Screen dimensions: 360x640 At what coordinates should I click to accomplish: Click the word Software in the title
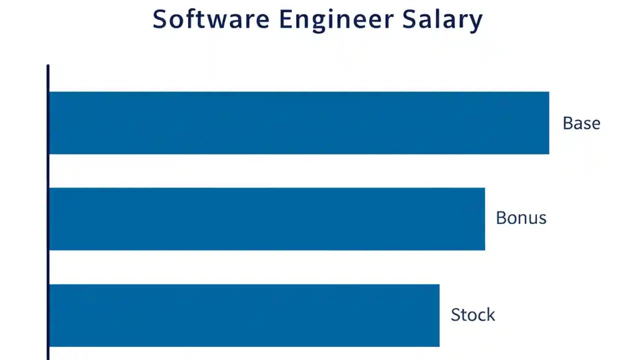(x=210, y=19)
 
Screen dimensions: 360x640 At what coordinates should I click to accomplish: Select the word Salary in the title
(x=442, y=20)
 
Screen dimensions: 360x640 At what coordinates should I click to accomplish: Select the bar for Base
(x=299, y=123)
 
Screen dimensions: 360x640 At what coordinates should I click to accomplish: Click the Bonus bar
(x=267, y=219)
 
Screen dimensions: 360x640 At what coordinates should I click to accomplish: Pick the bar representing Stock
(x=244, y=315)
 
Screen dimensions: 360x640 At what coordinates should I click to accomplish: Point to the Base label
(x=581, y=123)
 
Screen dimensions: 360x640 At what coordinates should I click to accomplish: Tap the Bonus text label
(x=521, y=218)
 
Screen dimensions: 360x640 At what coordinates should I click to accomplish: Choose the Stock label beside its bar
(x=472, y=314)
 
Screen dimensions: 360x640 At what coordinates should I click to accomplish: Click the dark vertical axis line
(x=48, y=210)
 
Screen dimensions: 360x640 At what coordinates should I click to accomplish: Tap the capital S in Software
(x=159, y=19)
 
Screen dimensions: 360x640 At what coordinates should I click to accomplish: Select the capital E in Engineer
(x=285, y=19)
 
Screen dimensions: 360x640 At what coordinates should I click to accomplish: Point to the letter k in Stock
(x=490, y=314)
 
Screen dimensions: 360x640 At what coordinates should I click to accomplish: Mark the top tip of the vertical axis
(x=48, y=66)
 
